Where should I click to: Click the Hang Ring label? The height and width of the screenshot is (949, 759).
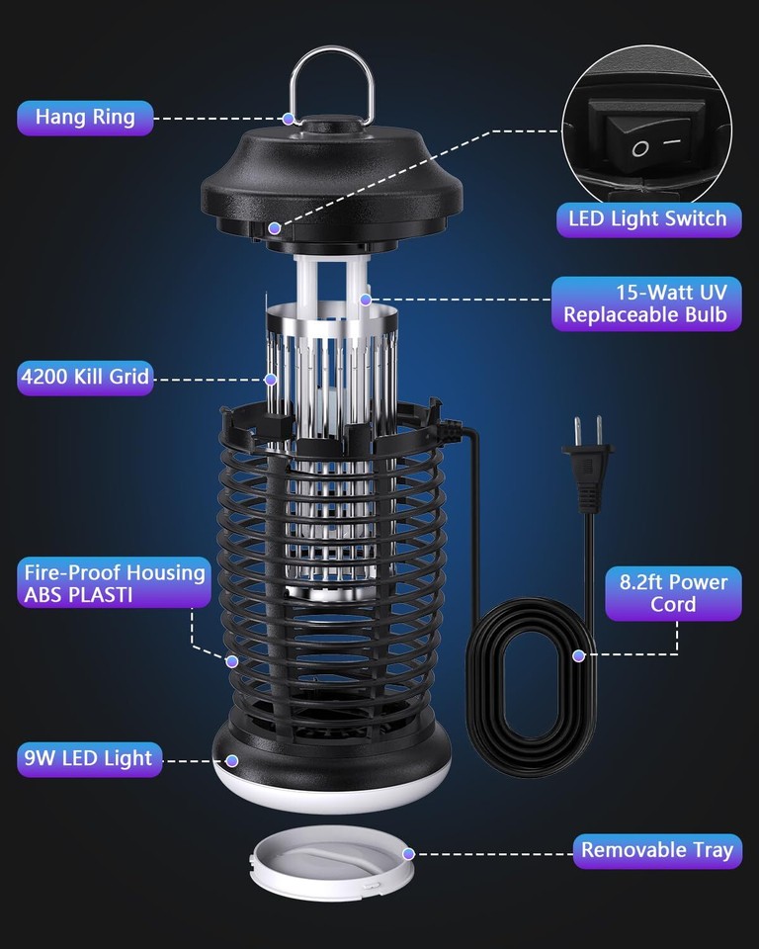pyautogui.click(x=85, y=118)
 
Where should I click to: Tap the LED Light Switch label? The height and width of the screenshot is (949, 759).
pyautogui.click(x=647, y=218)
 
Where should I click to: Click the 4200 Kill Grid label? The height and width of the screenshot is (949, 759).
pyautogui.click(x=85, y=378)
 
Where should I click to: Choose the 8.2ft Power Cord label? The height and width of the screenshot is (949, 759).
pyautogui.click(x=673, y=593)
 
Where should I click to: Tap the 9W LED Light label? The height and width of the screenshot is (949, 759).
pyautogui.click(x=88, y=759)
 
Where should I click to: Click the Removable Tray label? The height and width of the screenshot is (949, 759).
pyautogui.click(x=657, y=850)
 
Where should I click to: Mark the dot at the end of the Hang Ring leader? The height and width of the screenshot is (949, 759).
pyautogui.click(x=289, y=119)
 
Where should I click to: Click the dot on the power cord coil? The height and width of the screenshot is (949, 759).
pyautogui.click(x=578, y=654)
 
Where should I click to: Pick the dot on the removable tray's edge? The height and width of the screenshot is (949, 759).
pyautogui.click(x=408, y=852)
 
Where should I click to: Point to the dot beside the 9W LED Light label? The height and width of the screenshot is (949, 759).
pyautogui.click(x=232, y=760)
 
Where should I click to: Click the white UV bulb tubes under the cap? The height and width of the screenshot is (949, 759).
pyautogui.click(x=331, y=282)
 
